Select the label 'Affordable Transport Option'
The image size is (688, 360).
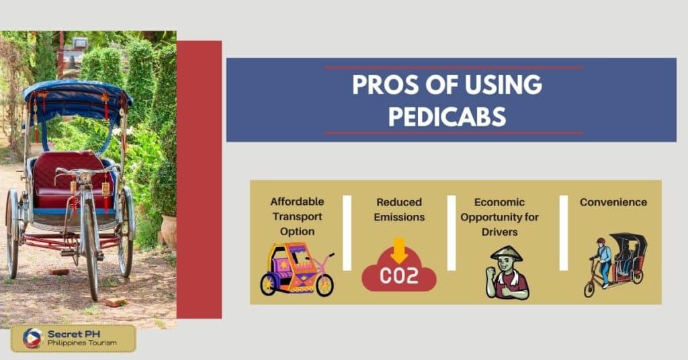pyautogui.click(x=297, y=216)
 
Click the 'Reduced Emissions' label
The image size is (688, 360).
pyautogui.click(x=399, y=209)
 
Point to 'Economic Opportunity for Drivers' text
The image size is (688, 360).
pyautogui.click(x=507, y=216)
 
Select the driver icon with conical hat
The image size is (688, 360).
pyautogui.click(x=507, y=272)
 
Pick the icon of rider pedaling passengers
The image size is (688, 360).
pyautogui.click(x=613, y=265)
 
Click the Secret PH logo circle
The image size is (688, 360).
pyautogui.click(x=32, y=339)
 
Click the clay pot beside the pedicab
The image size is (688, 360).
pyautogui.click(x=169, y=230)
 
